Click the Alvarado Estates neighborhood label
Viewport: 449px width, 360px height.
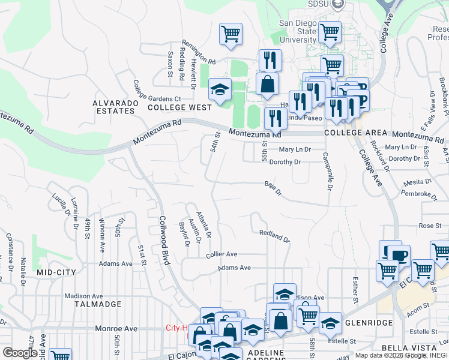[113, 107]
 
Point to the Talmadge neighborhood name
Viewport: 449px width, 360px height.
[94, 304]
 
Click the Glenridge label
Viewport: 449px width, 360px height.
[369, 323]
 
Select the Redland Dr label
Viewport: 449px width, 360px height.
[274, 236]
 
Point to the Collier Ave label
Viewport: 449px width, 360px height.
[221, 254]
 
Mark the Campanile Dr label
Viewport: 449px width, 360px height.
[329, 171]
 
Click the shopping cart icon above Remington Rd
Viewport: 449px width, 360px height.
[231, 34]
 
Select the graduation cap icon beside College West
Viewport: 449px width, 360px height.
[220, 90]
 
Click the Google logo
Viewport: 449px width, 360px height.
[20, 353]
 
